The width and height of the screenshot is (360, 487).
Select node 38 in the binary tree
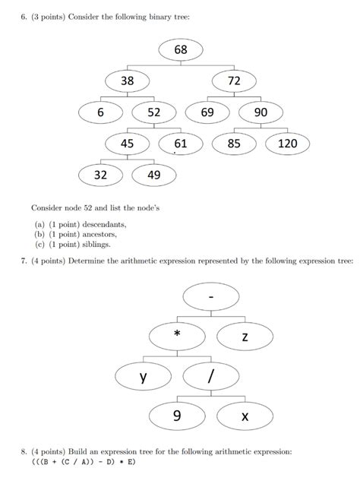(x=127, y=81)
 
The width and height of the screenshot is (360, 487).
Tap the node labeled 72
(x=232, y=81)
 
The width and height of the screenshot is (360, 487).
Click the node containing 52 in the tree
(x=154, y=112)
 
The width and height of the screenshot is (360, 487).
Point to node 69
(x=207, y=112)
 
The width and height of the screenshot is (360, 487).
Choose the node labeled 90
(x=261, y=112)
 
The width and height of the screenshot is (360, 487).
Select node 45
(x=127, y=143)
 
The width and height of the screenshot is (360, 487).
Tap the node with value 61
(x=180, y=143)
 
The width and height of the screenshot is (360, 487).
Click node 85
(x=234, y=143)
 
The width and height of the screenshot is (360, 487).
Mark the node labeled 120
(x=287, y=143)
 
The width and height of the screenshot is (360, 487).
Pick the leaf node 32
(x=100, y=174)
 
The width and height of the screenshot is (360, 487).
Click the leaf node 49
(x=153, y=174)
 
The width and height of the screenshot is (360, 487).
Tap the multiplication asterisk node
(x=177, y=334)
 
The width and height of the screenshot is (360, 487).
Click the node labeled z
(x=244, y=334)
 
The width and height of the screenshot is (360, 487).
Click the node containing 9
(x=177, y=416)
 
